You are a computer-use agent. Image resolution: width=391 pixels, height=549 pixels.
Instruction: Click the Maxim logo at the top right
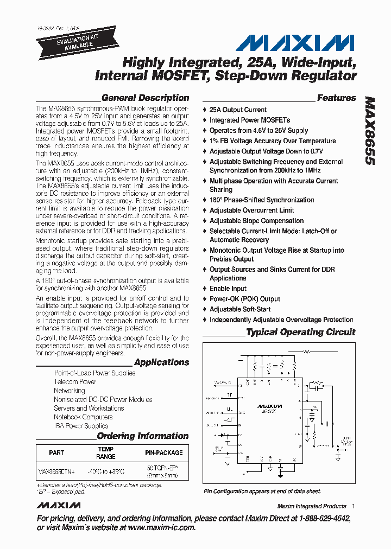[x=295, y=43]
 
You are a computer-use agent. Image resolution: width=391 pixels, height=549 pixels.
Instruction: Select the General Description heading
[x=145, y=98]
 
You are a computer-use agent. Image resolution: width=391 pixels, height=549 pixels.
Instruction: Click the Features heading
[x=336, y=98]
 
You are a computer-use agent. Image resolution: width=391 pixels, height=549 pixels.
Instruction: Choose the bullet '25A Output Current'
[x=238, y=110]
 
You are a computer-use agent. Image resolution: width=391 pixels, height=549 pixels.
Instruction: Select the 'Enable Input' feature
[x=228, y=289]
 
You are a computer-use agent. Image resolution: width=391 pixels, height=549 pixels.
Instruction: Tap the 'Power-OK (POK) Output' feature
[x=245, y=299]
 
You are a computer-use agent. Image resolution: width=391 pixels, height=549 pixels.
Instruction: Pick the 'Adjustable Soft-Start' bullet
[x=240, y=309]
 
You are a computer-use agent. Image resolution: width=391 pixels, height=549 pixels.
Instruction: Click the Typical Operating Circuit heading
[x=301, y=332]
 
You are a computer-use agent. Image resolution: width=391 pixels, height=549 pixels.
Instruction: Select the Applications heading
[x=161, y=362]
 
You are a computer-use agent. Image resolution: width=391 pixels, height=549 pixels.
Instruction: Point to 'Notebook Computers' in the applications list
[x=83, y=417]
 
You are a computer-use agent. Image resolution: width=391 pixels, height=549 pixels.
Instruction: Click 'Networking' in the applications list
[x=70, y=391]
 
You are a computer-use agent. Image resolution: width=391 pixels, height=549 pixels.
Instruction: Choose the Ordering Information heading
[x=143, y=436]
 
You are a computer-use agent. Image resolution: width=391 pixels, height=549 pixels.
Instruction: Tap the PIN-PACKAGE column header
[x=163, y=452]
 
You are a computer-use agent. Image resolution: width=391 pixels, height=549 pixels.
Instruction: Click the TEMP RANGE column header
[x=105, y=453]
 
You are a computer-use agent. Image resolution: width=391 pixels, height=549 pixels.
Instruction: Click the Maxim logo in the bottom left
[x=59, y=506]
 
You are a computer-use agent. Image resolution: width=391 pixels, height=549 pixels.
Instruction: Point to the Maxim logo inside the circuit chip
[x=270, y=405]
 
